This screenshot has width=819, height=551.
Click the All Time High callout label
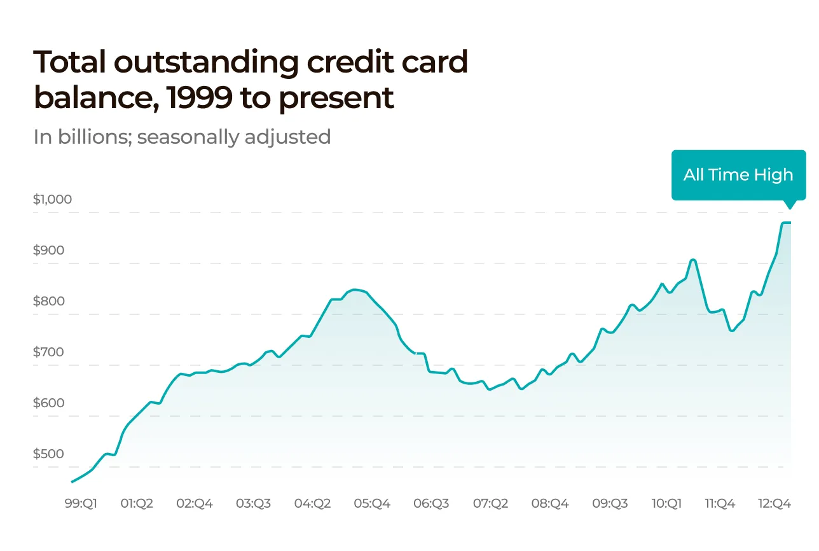[x=738, y=175]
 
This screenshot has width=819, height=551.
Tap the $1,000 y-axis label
[x=52, y=199]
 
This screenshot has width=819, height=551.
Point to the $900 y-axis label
[x=48, y=250]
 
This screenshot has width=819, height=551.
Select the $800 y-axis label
[x=48, y=301]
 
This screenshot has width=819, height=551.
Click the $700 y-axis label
[x=48, y=352]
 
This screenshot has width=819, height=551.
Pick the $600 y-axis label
[x=48, y=403]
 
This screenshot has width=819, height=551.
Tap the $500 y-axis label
[x=48, y=454]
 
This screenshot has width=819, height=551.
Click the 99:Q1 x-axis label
[x=81, y=503]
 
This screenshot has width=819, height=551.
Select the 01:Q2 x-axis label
[x=137, y=503]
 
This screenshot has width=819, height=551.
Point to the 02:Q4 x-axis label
[x=195, y=503]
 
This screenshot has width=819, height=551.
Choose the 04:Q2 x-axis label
[x=312, y=503]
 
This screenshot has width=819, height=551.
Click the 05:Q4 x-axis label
[x=371, y=503]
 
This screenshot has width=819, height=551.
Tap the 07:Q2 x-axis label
[x=490, y=503]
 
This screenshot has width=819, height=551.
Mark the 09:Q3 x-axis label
[x=610, y=503]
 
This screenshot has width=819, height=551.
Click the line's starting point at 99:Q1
[x=72, y=482]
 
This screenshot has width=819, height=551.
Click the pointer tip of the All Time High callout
[x=790, y=208]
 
